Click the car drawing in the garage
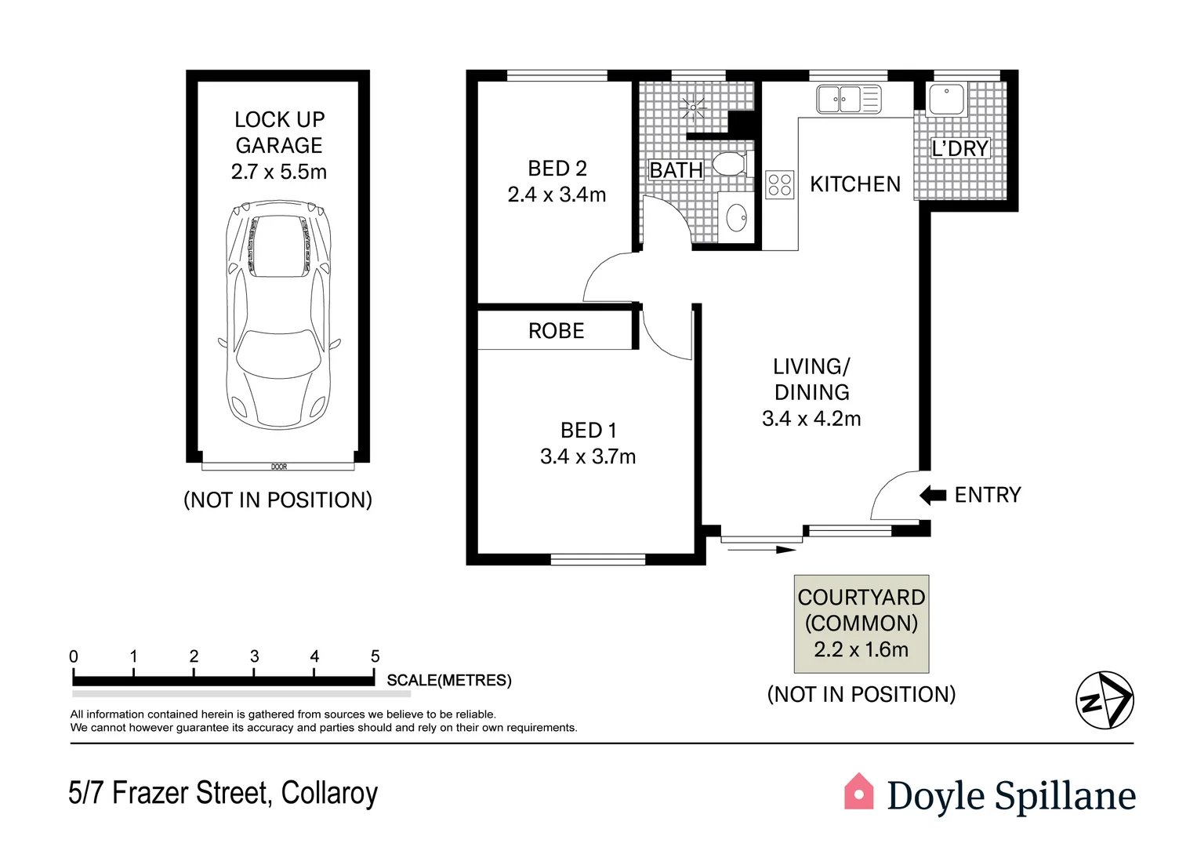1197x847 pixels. (x=278, y=314)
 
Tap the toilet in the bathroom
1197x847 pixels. (x=728, y=164)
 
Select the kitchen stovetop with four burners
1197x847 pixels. (x=779, y=184)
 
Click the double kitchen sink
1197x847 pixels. (x=849, y=100)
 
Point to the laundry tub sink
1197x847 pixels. (x=946, y=100)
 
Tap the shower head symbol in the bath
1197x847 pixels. (x=692, y=106)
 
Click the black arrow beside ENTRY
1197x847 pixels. (x=932, y=495)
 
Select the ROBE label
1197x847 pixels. (x=556, y=331)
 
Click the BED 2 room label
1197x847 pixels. (x=557, y=169)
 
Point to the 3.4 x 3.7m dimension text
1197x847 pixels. (x=588, y=456)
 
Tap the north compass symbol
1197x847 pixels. (x=1105, y=700)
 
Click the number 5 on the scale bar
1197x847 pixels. (x=375, y=656)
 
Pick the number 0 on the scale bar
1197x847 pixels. (x=74, y=656)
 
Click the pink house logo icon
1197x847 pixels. (x=858, y=792)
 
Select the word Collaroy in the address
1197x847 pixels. (x=329, y=793)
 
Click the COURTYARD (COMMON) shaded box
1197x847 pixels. (x=861, y=623)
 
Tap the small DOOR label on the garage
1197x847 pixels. (x=279, y=467)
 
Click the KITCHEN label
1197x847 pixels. (x=854, y=184)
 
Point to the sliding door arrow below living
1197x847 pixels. (x=761, y=550)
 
